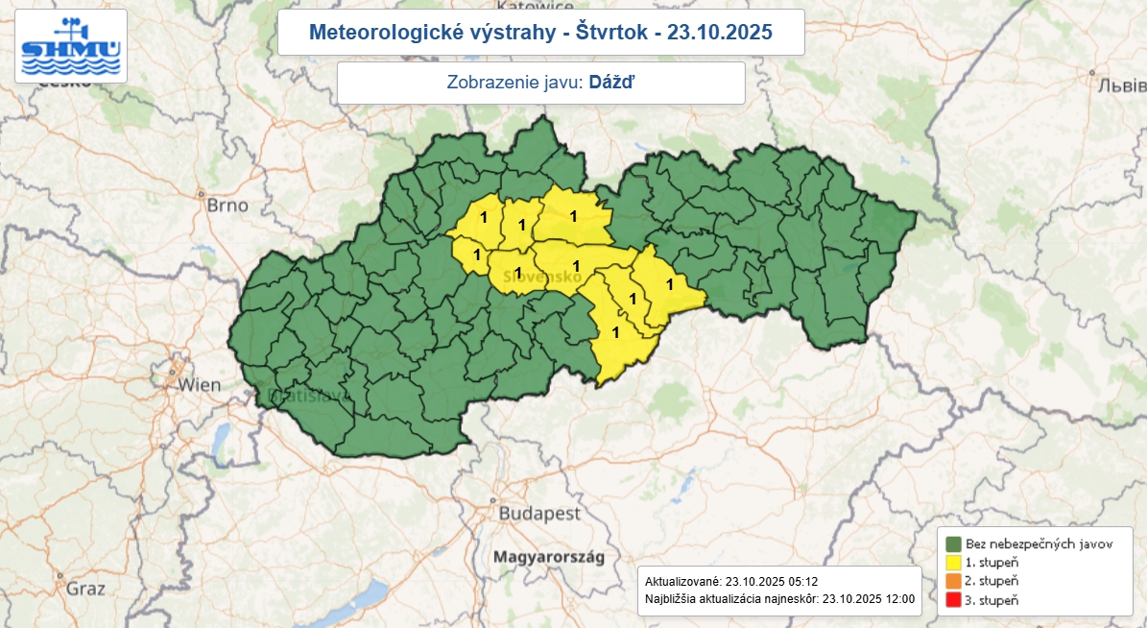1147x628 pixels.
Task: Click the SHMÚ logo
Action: [x=71, y=46]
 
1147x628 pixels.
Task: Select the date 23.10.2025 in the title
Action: [x=720, y=33]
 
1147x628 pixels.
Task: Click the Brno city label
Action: [x=227, y=205]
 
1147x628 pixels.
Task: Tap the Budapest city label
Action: [x=539, y=514]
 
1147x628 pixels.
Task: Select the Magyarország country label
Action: [x=547, y=556]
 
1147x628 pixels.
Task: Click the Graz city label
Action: [x=85, y=589]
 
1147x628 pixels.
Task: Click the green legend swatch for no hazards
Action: [x=953, y=543]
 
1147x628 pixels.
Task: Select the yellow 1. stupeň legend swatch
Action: [x=953, y=562]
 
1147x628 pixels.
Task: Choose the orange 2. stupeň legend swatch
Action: [x=953, y=581]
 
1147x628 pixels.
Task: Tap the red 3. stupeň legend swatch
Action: [x=953, y=600]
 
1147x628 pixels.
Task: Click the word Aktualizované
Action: [x=682, y=582]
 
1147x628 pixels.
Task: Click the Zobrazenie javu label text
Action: [x=514, y=83]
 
